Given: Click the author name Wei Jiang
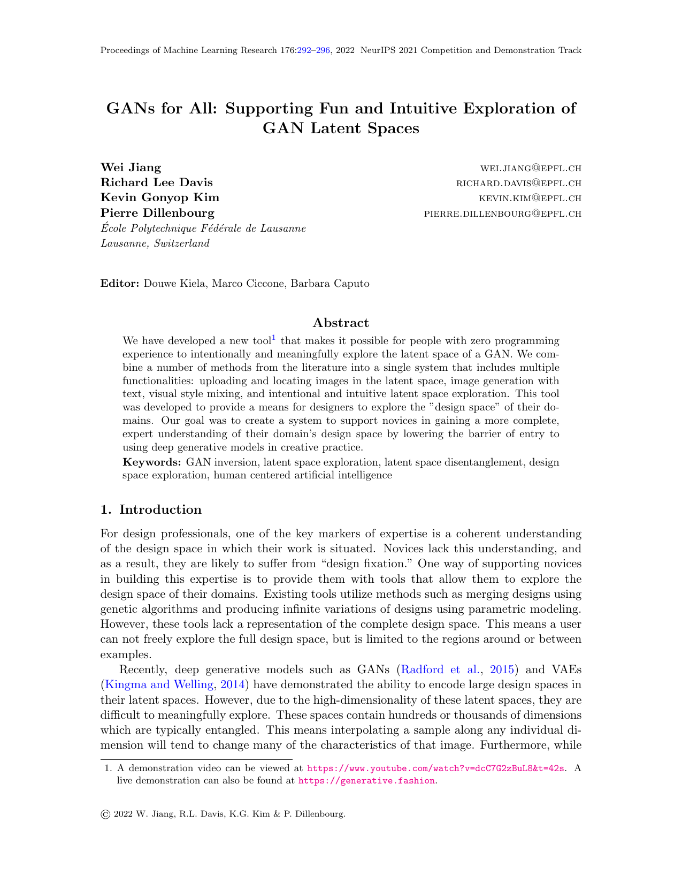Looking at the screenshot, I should point(131,168).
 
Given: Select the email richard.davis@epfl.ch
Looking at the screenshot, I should point(518,184).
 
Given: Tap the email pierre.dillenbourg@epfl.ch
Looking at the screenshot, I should point(502,214).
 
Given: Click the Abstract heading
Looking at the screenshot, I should point(341,323).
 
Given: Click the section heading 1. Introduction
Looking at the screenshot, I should point(151,509).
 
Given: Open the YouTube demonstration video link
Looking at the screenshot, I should point(435,768).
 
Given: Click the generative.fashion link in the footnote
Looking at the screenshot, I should point(366,781).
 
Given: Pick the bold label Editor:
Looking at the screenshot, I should point(120,284).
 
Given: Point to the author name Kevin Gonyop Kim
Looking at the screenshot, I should point(160,198).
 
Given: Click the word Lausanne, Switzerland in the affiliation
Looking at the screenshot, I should point(155,243).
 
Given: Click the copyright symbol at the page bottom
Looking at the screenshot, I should point(105,815).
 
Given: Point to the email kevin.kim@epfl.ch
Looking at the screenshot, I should point(530,199).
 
